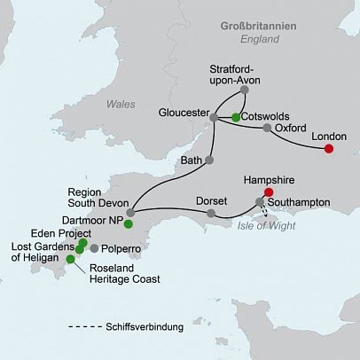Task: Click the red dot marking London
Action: pos(328,148)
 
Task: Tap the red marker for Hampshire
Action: pos(269,192)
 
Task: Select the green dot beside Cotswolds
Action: pos(235,116)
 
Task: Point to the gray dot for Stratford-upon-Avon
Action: pos(245,90)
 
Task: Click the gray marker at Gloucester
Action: pos(214,115)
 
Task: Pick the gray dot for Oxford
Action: pos(266,128)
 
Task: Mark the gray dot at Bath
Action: pos(210,160)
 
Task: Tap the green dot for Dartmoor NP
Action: pos(129,223)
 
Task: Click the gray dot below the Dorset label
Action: pos(210,214)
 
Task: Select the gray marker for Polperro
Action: pos(94,248)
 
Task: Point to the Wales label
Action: pos(121,104)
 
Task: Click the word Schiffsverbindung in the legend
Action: pos(144,327)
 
